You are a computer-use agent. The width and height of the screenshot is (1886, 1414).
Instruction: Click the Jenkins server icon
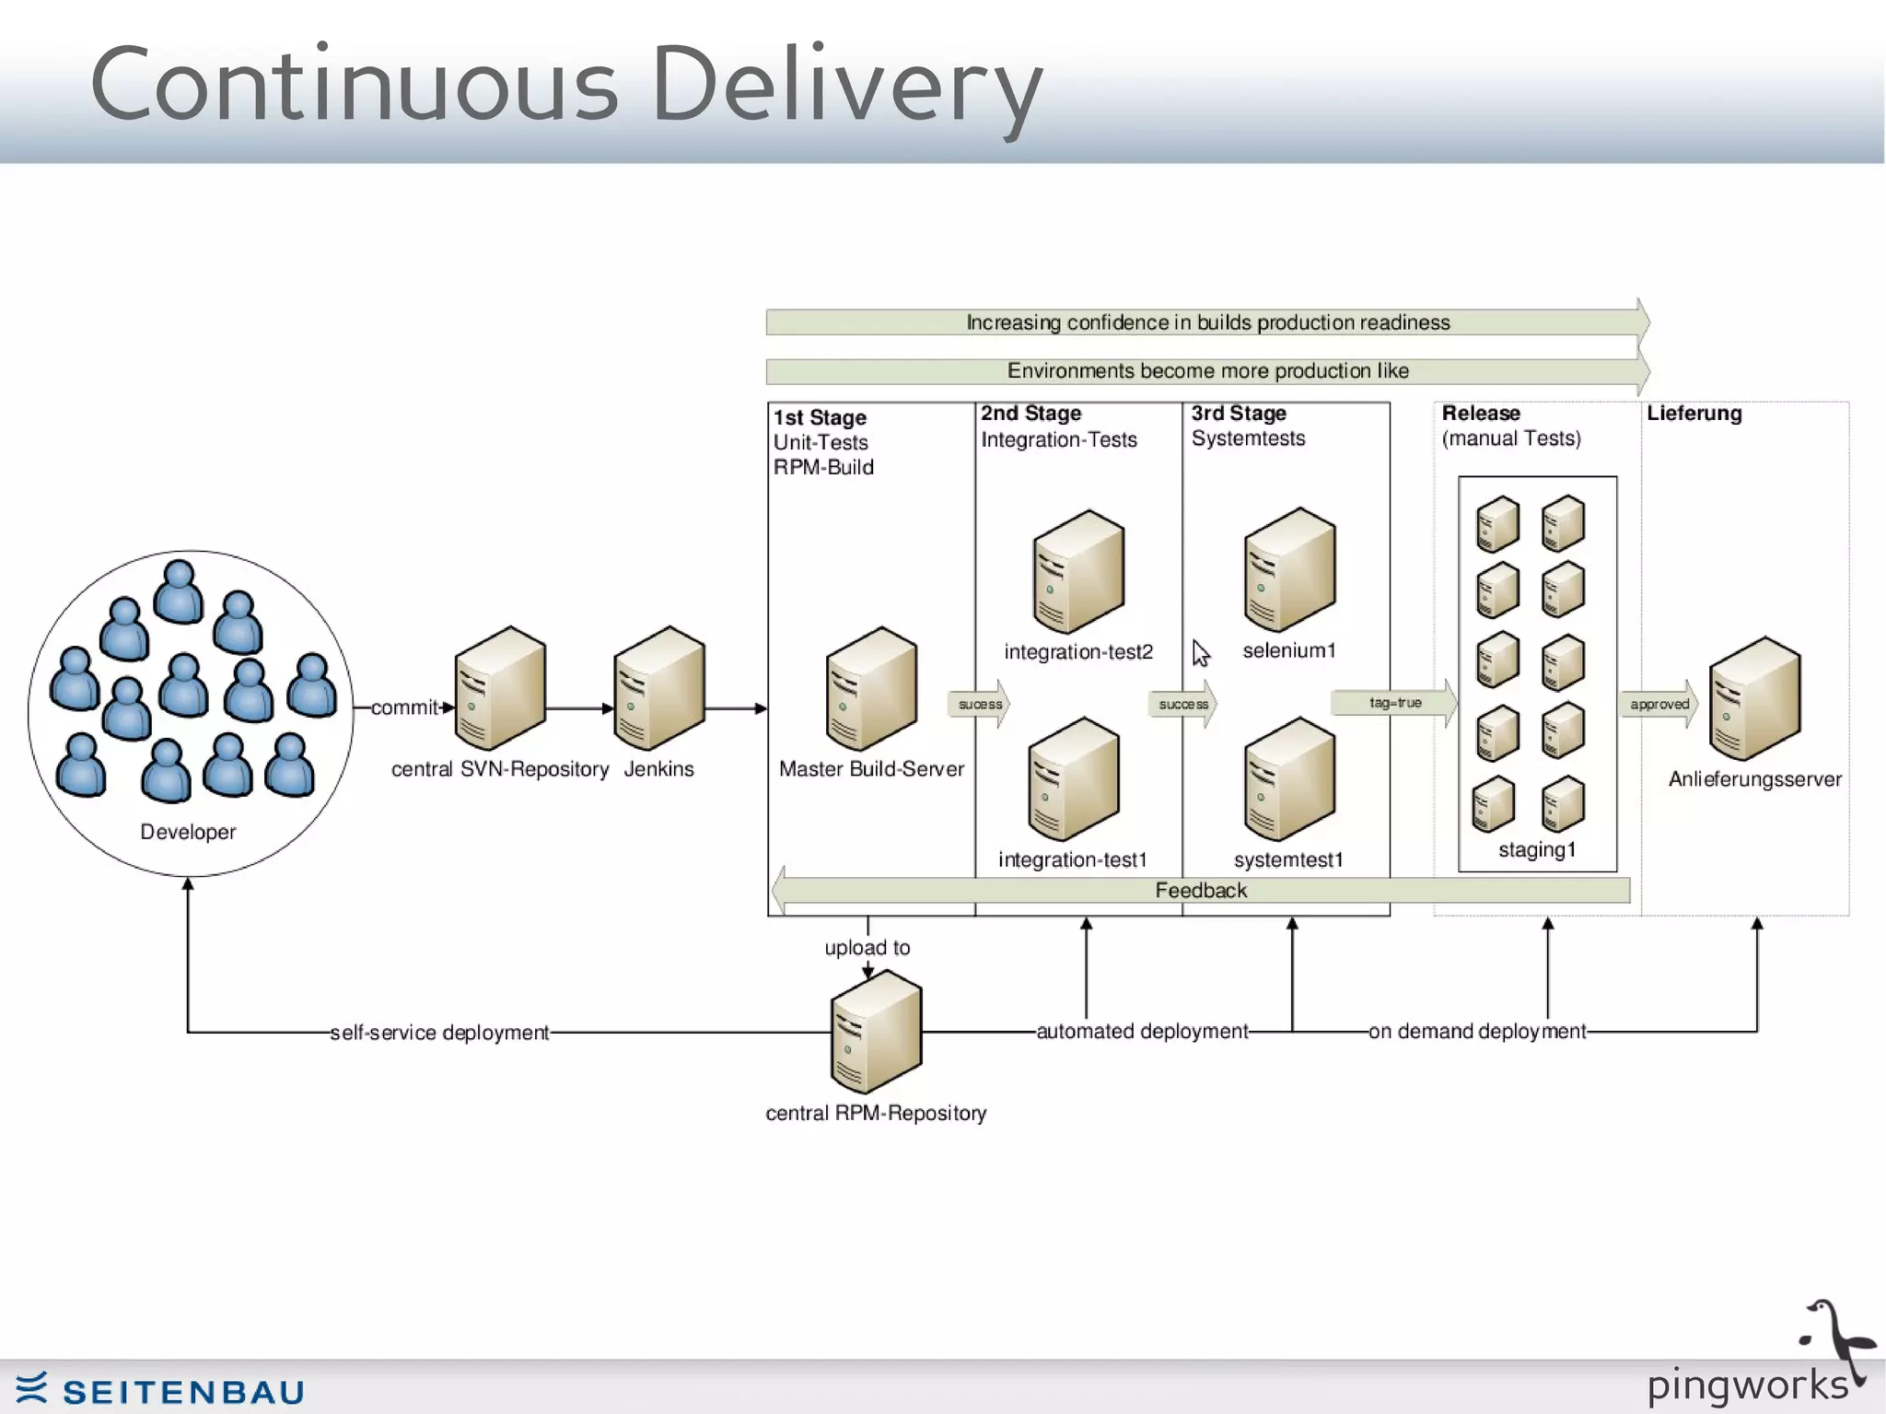pyautogui.click(x=659, y=689)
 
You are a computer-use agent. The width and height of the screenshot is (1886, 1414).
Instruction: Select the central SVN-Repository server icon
pyautogui.click(x=500, y=689)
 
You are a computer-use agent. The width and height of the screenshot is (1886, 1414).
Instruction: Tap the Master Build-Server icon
pyautogui.click(x=871, y=689)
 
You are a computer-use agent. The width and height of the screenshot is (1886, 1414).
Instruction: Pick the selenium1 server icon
pyautogui.click(x=1289, y=570)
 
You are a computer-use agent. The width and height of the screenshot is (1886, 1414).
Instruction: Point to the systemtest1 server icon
pyautogui.click(x=1289, y=780)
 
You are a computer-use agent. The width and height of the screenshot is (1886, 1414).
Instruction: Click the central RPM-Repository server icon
pyautogui.click(x=876, y=1033)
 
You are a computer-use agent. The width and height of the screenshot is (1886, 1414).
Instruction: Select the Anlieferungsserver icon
pyautogui.click(x=1754, y=699)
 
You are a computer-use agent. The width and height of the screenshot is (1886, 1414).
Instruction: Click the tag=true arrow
pyautogui.click(x=1394, y=703)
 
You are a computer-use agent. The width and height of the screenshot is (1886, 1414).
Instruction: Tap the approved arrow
pyautogui.click(x=1659, y=705)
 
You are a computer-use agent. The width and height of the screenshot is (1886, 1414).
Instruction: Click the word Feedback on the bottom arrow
pyautogui.click(x=1201, y=891)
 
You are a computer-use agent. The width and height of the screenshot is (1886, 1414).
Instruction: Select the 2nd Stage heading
pyautogui.click(x=1030, y=414)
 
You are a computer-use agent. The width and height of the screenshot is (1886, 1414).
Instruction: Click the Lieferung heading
pyautogui.click(x=1694, y=414)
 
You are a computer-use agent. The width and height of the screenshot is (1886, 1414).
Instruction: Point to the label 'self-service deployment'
pyautogui.click(x=439, y=1033)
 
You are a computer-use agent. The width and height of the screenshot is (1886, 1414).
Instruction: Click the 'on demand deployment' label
pyautogui.click(x=1477, y=1032)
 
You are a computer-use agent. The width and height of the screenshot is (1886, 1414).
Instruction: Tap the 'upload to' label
pyautogui.click(x=867, y=948)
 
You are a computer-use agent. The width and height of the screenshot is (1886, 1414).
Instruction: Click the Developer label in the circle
pyautogui.click(x=188, y=832)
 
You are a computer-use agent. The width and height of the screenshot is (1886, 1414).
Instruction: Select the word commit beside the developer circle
pyautogui.click(x=403, y=707)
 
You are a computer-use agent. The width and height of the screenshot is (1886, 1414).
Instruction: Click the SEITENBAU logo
pyautogui.click(x=161, y=1390)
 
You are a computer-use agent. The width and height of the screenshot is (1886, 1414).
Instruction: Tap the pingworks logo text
pyautogui.click(x=1747, y=1385)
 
